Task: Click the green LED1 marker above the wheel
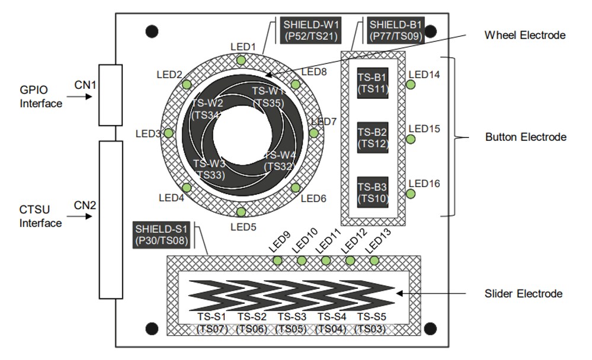[x=241, y=60]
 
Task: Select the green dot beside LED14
[x=410, y=85]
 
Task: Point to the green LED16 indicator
[x=410, y=194]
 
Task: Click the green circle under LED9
[x=277, y=261]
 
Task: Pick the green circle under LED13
[x=374, y=261]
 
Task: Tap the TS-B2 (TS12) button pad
[x=372, y=137]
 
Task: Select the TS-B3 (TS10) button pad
[x=372, y=191]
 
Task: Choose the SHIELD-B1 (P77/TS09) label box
[x=396, y=31]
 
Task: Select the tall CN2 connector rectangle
[x=110, y=220]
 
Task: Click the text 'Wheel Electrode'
[x=524, y=36]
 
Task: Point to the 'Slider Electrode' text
[x=523, y=294]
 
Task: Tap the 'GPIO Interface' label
[x=41, y=97]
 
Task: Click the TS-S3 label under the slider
[x=292, y=316]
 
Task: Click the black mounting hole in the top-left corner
[x=153, y=31]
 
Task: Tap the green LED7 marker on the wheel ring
[x=313, y=133]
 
